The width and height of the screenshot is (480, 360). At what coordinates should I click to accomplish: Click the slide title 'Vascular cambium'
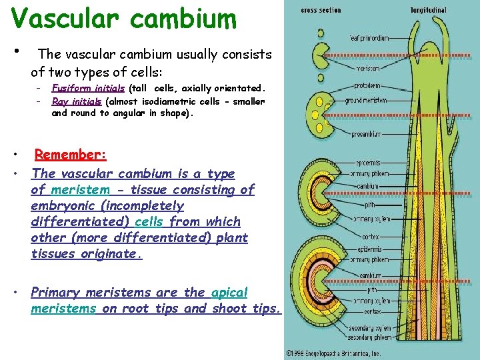[x=123, y=18]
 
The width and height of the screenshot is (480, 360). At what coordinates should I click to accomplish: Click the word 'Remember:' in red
[x=71, y=155]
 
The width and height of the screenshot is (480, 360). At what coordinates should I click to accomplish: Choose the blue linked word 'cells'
[x=149, y=222]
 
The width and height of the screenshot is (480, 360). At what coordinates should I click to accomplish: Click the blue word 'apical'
[x=229, y=292]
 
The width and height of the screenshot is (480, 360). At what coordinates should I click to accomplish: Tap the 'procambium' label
[x=367, y=134]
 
